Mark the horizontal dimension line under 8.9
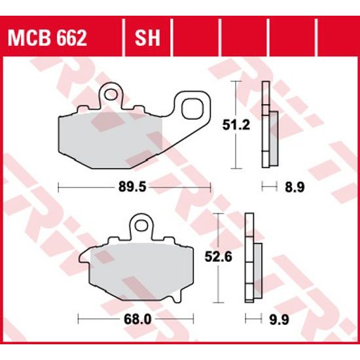(x=267, y=187)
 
